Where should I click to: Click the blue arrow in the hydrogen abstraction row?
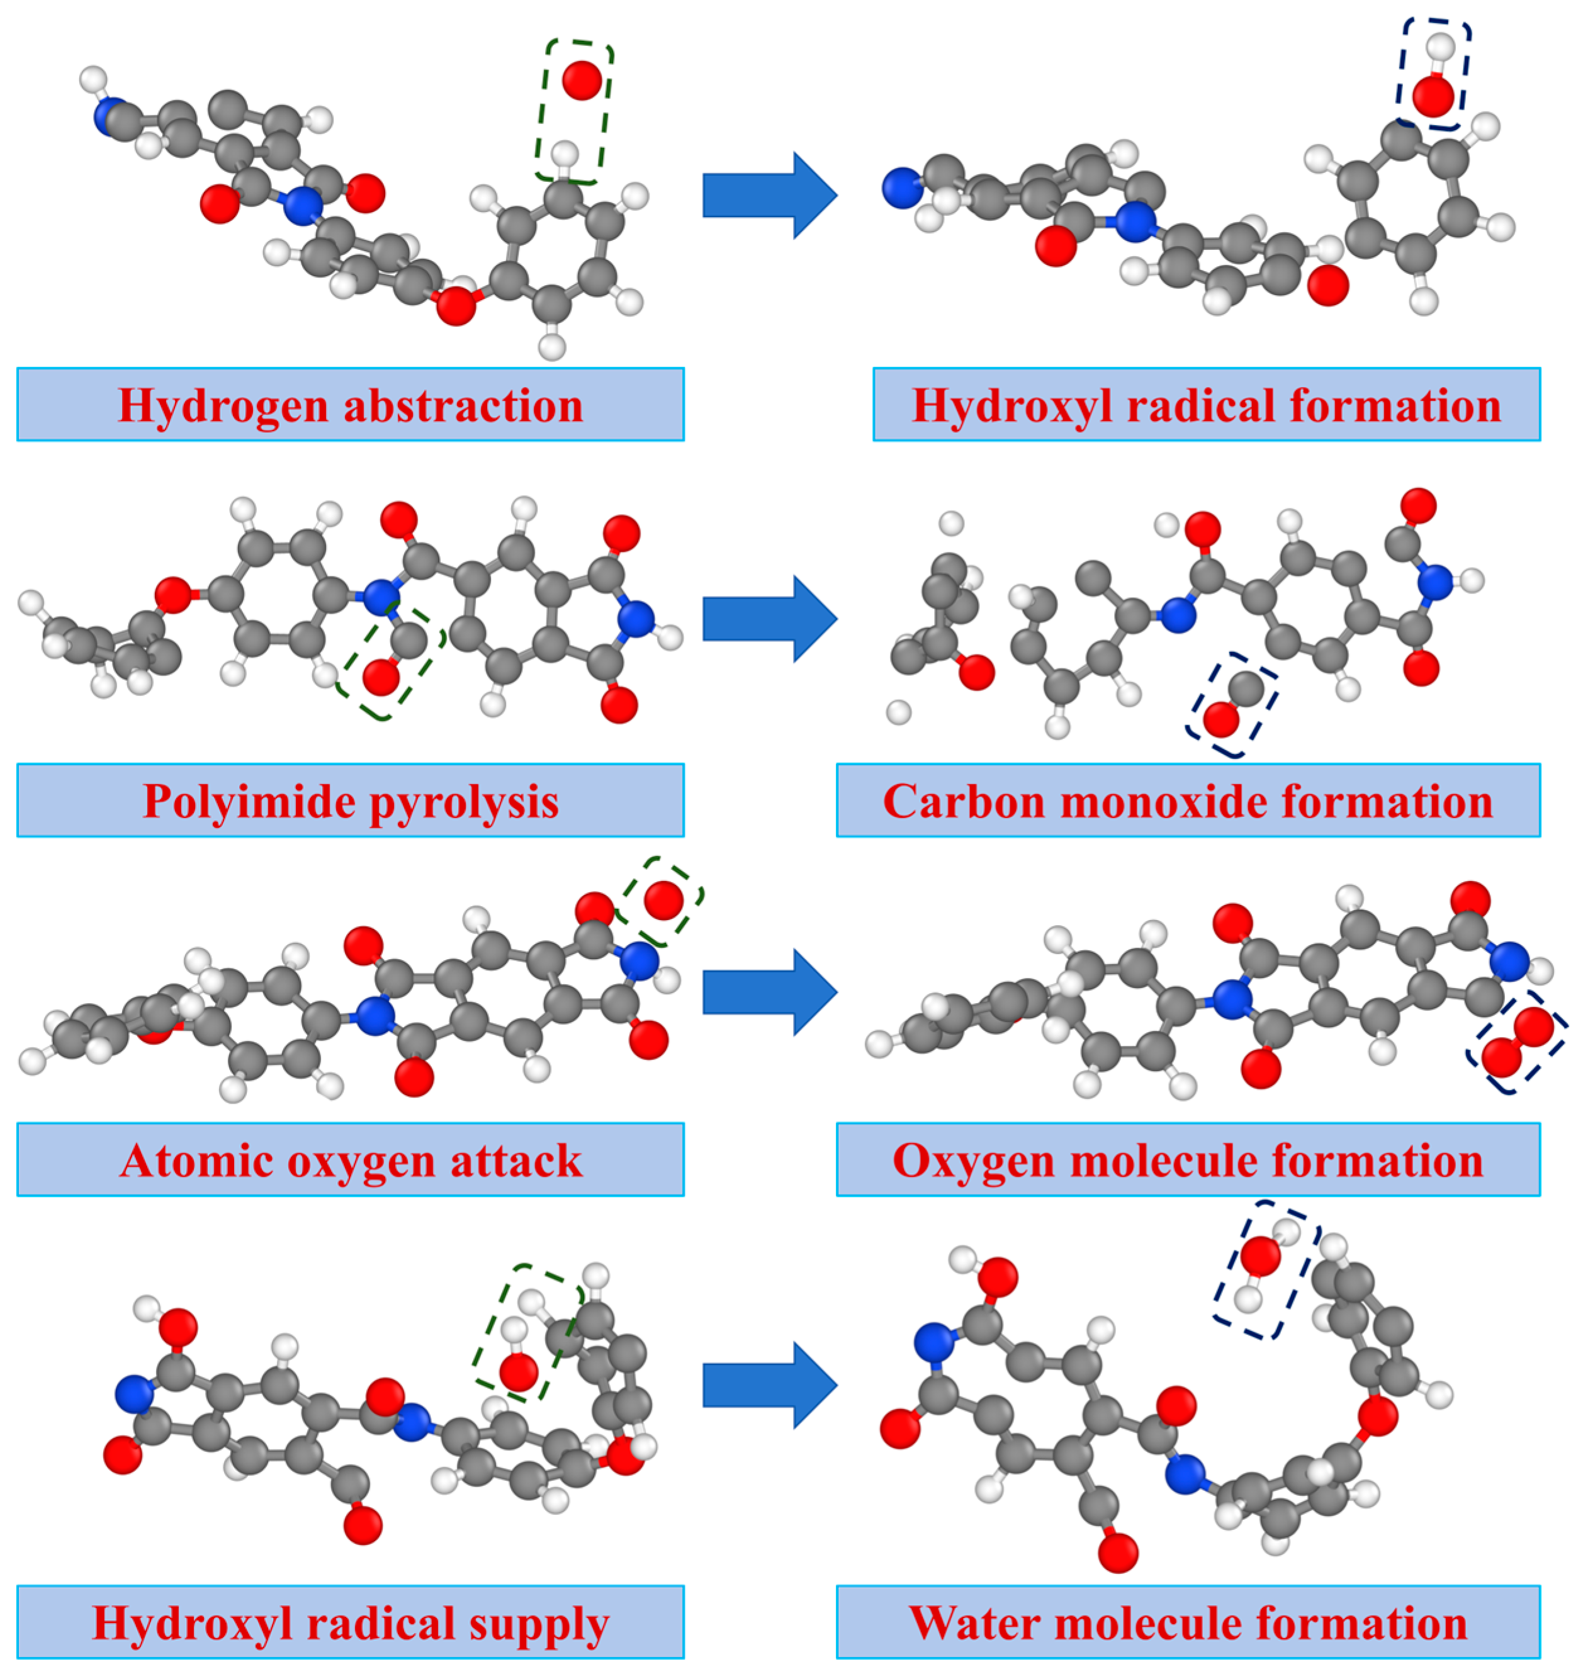tap(769, 195)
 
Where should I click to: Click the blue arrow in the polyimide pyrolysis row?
tap(769, 619)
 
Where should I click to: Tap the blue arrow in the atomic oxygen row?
tap(769, 991)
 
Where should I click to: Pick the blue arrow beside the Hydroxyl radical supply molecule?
tap(769, 1385)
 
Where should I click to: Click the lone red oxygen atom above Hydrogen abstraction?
tap(582, 80)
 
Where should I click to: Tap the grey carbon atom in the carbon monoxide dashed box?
tap(1246, 688)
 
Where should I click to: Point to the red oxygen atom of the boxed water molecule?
tap(1261, 1255)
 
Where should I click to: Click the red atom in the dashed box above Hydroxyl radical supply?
tap(518, 1371)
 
